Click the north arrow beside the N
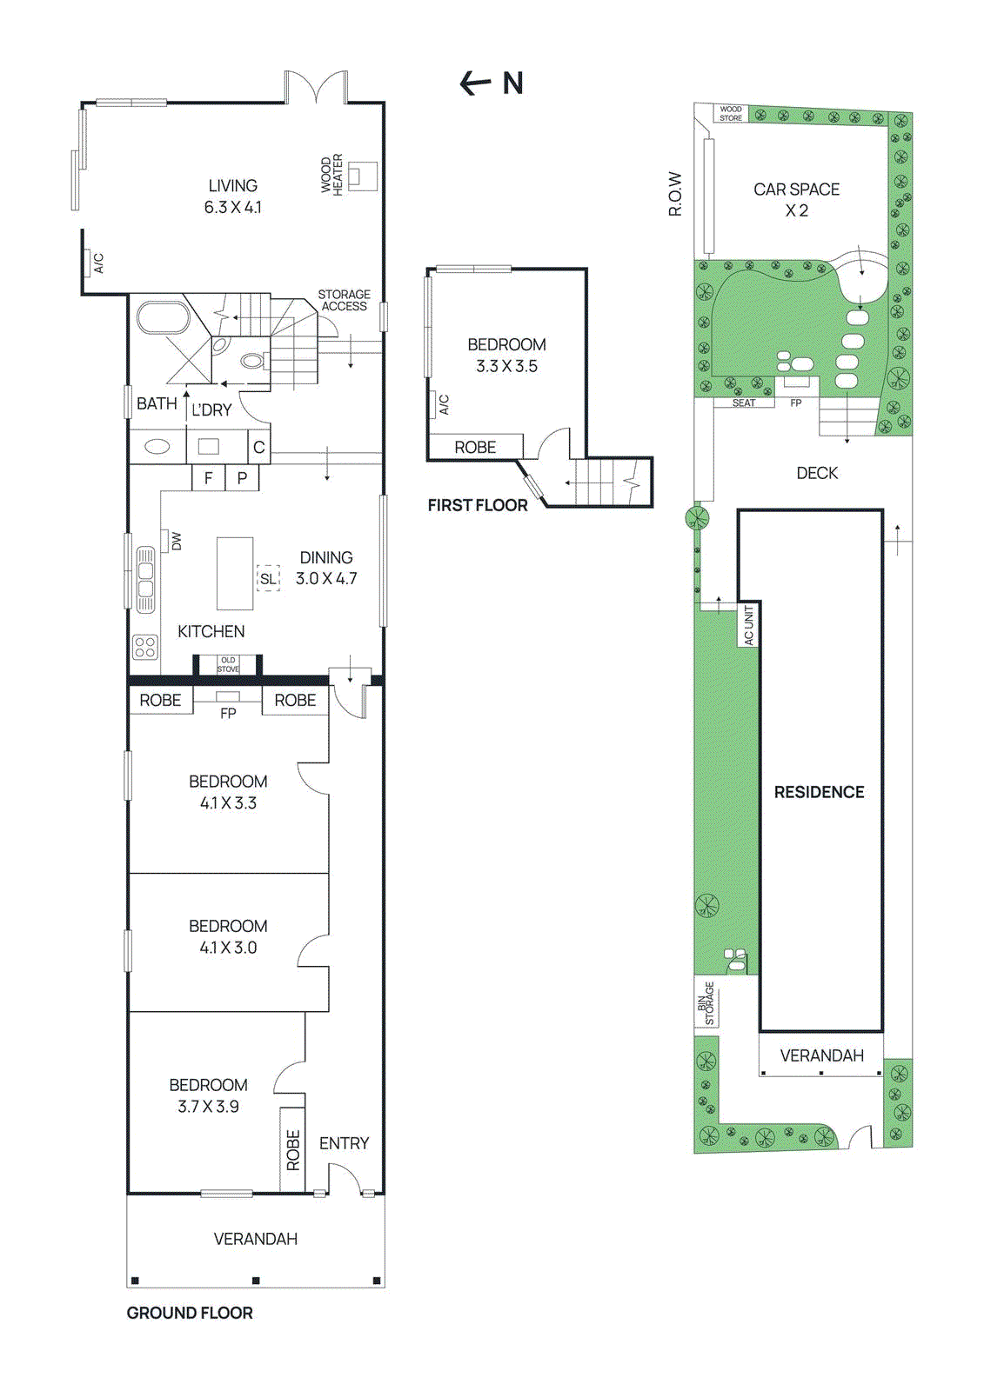tap(475, 83)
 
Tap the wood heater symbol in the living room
tap(362, 176)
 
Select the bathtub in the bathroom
tap(164, 317)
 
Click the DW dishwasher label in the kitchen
tap(177, 541)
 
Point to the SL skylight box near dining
tap(268, 578)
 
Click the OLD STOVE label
tap(228, 664)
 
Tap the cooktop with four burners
tap(145, 647)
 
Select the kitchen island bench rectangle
tap(235, 573)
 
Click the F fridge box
tap(208, 477)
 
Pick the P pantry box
tap(242, 477)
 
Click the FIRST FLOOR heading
tap(478, 505)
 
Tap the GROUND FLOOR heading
tap(190, 1313)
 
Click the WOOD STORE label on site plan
tap(731, 114)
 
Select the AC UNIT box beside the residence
tap(749, 625)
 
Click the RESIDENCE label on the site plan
tap(819, 792)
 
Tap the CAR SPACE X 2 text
tap(796, 199)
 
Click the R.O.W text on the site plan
tap(675, 193)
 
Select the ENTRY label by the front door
tap(344, 1143)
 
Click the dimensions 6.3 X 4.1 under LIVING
tap(232, 207)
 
